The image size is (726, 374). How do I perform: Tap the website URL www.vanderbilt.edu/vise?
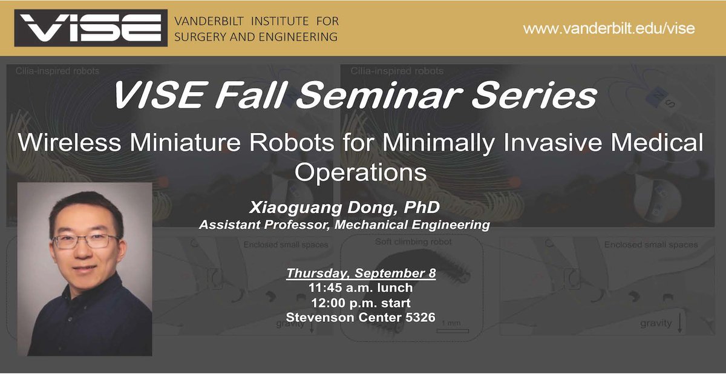[x=609, y=28]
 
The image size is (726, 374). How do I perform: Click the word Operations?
[x=361, y=172]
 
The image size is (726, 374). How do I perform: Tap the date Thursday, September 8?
[x=361, y=273]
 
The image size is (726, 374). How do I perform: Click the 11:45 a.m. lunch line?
[x=361, y=288]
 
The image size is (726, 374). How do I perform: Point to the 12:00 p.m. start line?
[x=361, y=303]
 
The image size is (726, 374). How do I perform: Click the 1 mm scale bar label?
[x=451, y=323]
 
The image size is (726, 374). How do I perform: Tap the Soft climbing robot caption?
[x=414, y=241]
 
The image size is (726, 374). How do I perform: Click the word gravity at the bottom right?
[x=656, y=323]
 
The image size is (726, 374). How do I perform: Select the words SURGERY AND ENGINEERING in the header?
[x=256, y=37]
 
